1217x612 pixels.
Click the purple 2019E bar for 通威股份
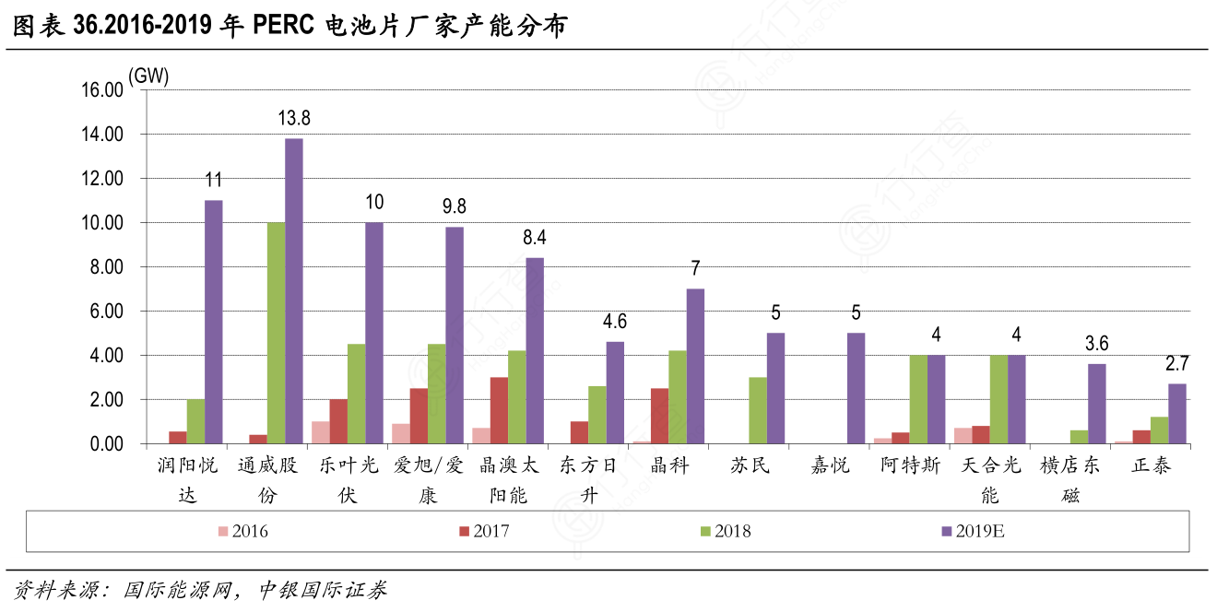[293, 291]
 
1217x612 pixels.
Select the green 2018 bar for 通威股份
[276, 333]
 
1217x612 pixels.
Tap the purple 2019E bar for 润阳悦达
[213, 322]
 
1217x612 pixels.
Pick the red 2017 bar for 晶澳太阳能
[499, 410]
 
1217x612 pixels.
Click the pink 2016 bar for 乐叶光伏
[320, 432]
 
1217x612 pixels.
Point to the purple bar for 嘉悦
[856, 388]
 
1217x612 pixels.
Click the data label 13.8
[294, 118]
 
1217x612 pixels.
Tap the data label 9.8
[455, 206]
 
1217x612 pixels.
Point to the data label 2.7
[1176, 363]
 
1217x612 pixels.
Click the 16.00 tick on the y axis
[101, 90]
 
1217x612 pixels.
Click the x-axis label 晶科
[669, 466]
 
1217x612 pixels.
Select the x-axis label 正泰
[1151, 466]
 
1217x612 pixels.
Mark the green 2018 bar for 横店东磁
[1079, 437]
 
